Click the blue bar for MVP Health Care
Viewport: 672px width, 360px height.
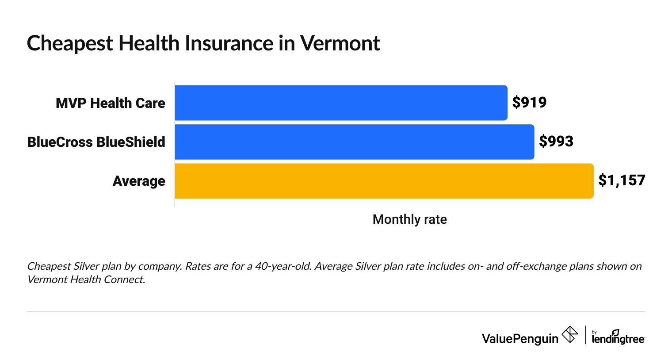[x=341, y=103]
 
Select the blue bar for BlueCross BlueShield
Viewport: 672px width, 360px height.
[x=354, y=142]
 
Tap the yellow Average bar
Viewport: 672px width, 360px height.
[x=384, y=180]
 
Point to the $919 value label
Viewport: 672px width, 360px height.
[x=529, y=103]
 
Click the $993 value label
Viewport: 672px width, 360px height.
[x=556, y=142]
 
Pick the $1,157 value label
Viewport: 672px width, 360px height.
[x=622, y=180]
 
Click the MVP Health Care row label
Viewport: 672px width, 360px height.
[x=110, y=103]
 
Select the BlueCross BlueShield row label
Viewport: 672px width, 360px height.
[x=96, y=142]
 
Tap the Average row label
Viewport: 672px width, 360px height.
[x=139, y=181]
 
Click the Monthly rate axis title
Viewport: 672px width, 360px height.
[x=409, y=219]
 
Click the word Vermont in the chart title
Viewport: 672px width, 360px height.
[x=340, y=43]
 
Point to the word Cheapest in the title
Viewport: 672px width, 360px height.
[x=70, y=43]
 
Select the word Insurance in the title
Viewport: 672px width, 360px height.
[x=229, y=43]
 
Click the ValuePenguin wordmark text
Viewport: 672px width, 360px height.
[x=520, y=339]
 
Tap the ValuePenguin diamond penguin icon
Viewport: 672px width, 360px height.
[x=569, y=335]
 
